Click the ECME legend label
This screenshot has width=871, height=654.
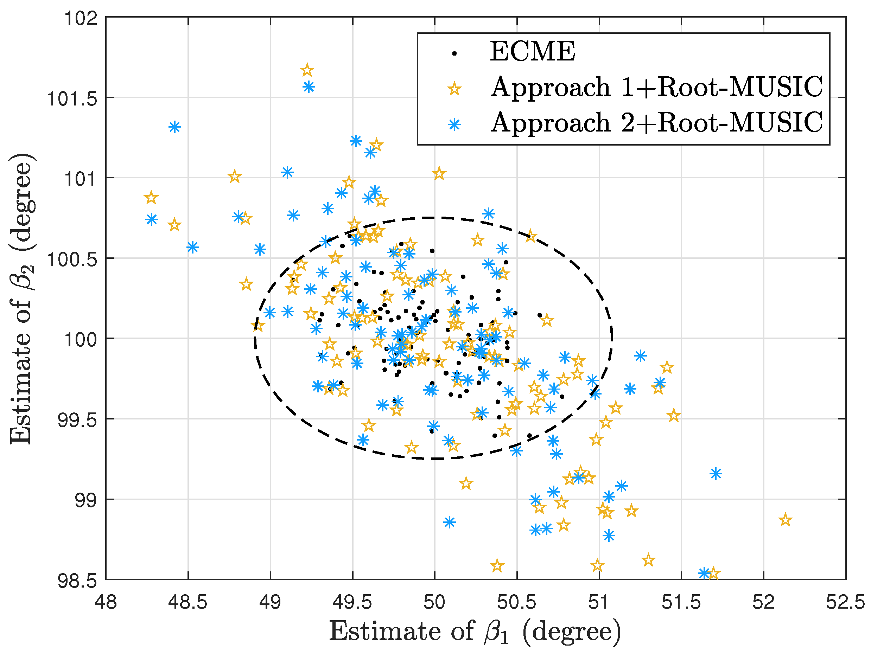pos(532,52)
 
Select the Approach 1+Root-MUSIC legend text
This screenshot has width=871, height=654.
pos(656,87)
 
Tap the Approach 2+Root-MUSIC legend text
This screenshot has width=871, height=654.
pos(656,122)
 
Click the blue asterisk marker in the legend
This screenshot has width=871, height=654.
pos(454,125)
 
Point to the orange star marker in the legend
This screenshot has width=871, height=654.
pos(454,89)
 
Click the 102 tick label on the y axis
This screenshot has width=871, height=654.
pos(81,18)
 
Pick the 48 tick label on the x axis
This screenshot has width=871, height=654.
pos(106,602)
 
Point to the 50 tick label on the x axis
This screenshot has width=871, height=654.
pos(434,602)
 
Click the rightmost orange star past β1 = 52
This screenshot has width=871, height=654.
pos(785,520)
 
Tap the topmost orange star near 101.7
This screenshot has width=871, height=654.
pos(307,70)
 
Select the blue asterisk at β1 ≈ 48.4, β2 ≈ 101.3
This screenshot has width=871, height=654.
pos(175,127)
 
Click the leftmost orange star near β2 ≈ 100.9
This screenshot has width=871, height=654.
pos(151,198)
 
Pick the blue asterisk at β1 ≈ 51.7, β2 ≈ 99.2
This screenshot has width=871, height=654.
pos(716,473)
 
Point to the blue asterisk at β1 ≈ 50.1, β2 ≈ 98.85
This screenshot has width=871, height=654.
pos(449,522)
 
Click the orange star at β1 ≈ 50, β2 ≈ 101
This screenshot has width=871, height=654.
pos(439,173)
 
